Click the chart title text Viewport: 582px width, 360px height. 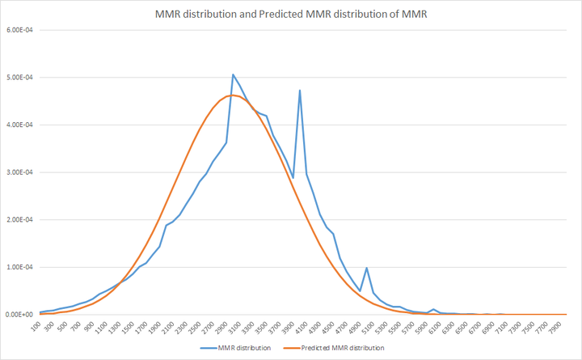[x=291, y=14]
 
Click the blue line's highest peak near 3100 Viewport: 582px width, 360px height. [x=233, y=74]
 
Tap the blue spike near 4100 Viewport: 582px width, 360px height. [x=300, y=91]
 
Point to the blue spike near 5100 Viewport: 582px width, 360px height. [x=366, y=268]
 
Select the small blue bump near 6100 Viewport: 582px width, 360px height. [x=433, y=309]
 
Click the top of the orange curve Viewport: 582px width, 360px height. [x=231, y=95]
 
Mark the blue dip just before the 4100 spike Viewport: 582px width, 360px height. [x=293, y=177]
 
